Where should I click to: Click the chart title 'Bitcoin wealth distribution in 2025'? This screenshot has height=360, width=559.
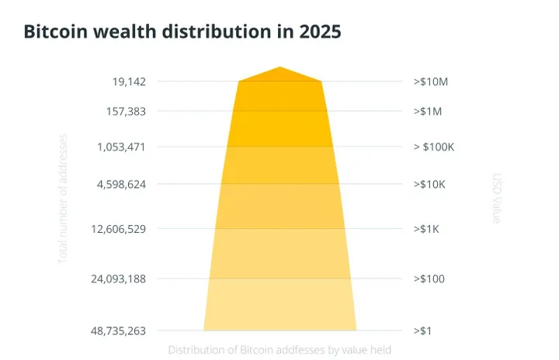point(182,33)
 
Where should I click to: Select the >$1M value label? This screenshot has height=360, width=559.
point(427,111)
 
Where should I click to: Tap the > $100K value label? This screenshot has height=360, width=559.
point(434,147)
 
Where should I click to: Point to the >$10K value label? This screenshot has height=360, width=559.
point(430,185)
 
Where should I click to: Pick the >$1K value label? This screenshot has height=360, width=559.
point(427,229)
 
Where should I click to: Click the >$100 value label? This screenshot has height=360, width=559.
point(429,279)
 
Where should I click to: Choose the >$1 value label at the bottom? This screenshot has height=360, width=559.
point(423,331)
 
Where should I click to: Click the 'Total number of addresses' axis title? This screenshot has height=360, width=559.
point(64,198)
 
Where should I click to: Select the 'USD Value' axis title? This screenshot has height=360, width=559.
point(497,199)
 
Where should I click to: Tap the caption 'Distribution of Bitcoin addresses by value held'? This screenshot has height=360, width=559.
point(279,350)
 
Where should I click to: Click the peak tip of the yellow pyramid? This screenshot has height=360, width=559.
point(280,67)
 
